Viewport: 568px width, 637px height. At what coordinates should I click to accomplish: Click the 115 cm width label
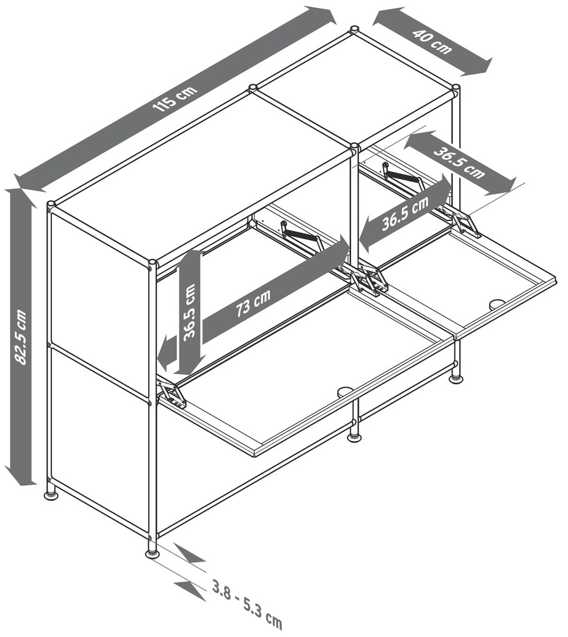pos(175,99)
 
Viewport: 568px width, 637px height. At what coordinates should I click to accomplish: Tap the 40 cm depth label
pos(432,41)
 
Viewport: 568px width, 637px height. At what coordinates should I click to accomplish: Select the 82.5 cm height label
pos(21,337)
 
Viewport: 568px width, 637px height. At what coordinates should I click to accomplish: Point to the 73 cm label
pos(253,303)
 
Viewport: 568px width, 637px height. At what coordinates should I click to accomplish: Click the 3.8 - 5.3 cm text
pos(247,610)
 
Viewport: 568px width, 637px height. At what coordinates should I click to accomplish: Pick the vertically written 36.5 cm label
pos(189,312)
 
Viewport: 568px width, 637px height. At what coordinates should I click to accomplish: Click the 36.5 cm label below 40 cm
pos(459,162)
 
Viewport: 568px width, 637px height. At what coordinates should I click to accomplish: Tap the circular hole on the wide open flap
pos(345,391)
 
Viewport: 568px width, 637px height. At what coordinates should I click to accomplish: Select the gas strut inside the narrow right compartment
pos(402,177)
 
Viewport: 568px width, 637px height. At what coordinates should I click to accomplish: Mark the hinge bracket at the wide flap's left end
pos(173,393)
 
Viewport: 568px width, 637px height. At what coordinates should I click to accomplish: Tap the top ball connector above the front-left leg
pos(152,264)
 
